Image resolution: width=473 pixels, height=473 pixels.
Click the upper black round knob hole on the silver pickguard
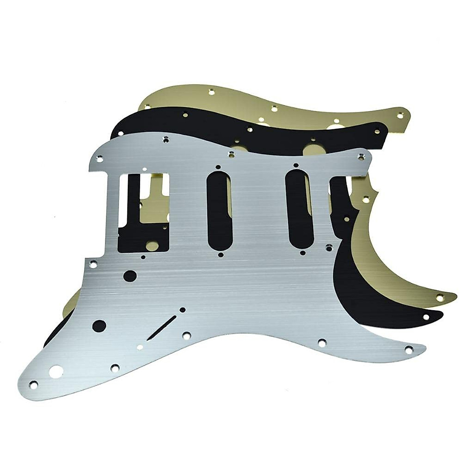pyautogui.click(x=129, y=276)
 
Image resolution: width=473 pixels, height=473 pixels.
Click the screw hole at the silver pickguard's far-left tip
pyautogui.click(x=34, y=383)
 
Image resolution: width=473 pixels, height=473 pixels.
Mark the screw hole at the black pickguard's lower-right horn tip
pyautogui.click(x=426, y=317)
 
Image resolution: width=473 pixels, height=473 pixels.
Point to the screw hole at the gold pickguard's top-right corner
pyautogui.click(x=401, y=115)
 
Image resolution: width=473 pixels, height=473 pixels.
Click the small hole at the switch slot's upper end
pyautogui.click(x=182, y=309)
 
